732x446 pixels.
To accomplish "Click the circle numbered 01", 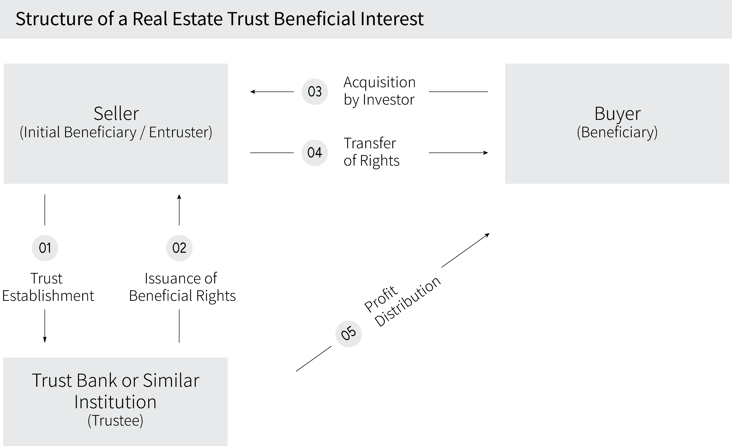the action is (x=45, y=248).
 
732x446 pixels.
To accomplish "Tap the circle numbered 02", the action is (x=179, y=248).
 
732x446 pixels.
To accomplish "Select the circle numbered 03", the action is (x=315, y=92).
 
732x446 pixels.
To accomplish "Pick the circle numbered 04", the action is (x=315, y=153).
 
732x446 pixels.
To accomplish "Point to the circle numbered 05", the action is (x=348, y=334).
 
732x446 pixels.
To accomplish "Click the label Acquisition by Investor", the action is (x=379, y=91).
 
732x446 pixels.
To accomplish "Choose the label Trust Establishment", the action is (x=48, y=287).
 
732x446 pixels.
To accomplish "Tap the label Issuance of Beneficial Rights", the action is (x=182, y=287).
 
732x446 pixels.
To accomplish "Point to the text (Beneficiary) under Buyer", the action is (x=617, y=132).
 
